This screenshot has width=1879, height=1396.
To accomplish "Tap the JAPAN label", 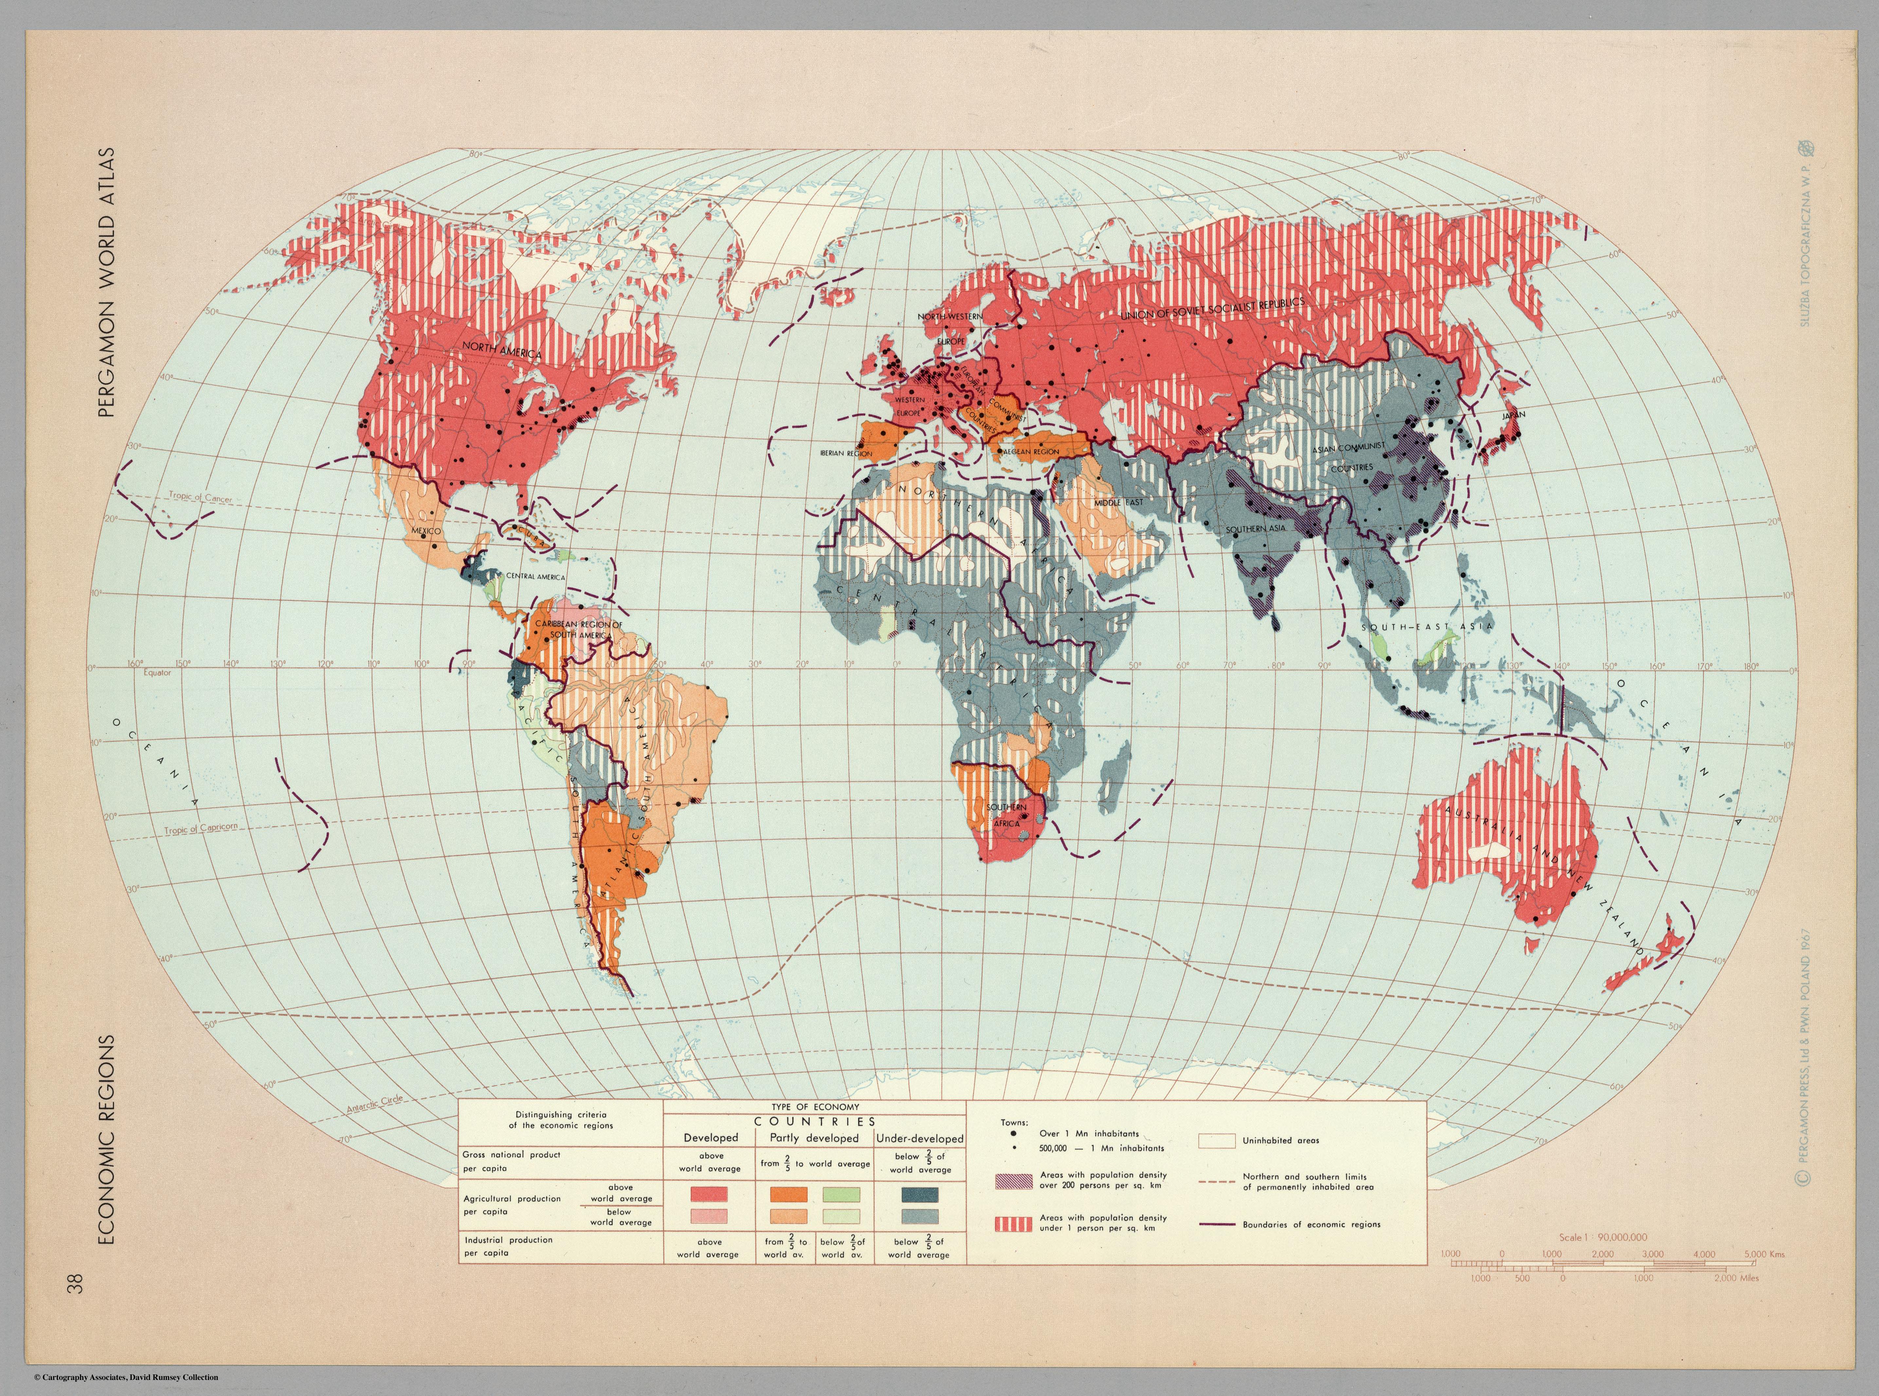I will coord(1513,415).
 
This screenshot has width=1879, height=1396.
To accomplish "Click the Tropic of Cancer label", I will coord(200,497).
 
